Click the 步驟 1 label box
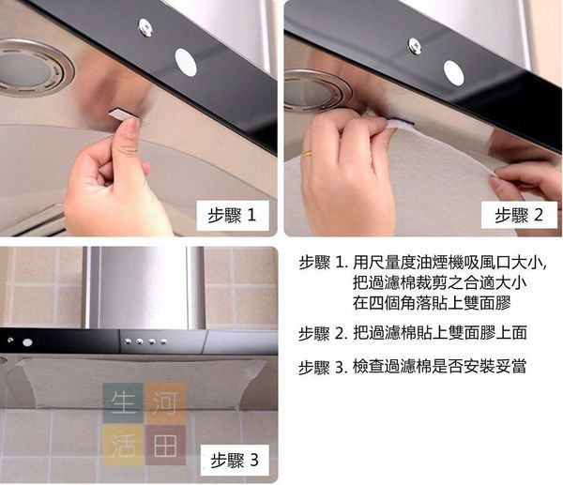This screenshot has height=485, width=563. (233, 216)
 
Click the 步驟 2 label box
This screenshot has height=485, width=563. (519, 215)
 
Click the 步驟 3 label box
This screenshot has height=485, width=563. (235, 461)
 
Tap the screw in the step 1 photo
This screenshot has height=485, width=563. (145, 27)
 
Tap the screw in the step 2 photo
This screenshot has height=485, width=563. (415, 46)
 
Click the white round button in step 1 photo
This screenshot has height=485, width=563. (186, 63)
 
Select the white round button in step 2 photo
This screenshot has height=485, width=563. (453, 73)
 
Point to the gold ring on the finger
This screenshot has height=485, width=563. (307, 154)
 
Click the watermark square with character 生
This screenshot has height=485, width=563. (123, 402)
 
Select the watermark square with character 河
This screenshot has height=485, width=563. (165, 402)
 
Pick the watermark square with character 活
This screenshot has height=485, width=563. (123, 446)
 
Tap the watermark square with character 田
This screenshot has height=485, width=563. (165, 446)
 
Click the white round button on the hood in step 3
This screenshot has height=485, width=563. (27, 342)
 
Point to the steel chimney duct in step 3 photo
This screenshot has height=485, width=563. (144, 287)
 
